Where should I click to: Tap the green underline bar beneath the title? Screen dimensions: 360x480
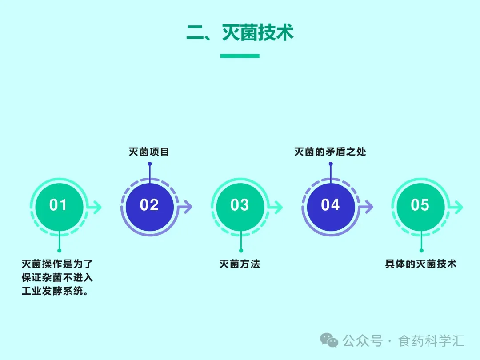[x=240, y=56]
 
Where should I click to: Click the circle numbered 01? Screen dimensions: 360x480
[x=58, y=205]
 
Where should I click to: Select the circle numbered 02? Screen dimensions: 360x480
[x=149, y=205]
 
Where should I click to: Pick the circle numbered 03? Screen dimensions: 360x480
[x=240, y=205]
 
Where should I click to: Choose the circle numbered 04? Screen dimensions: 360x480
[x=330, y=205]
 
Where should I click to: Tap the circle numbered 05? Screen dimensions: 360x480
[x=420, y=205]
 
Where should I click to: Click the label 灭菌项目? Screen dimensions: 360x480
[x=149, y=152]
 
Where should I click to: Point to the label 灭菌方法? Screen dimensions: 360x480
[x=240, y=264]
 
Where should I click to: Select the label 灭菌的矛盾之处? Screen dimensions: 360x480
[x=330, y=152]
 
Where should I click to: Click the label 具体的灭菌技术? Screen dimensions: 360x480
[x=420, y=264]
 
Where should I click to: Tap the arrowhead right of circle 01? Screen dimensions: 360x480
[x=97, y=207]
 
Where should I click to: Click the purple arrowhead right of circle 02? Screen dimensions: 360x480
[x=188, y=207]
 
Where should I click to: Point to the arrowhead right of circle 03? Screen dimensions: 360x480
[x=278, y=207]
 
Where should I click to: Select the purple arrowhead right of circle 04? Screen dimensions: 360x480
[x=368, y=207]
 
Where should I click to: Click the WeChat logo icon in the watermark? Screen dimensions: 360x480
[x=329, y=340]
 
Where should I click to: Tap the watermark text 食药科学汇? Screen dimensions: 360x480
[x=432, y=341]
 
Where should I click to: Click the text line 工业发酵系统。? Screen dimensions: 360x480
[x=54, y=292]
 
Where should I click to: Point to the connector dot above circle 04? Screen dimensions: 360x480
[x=330, y=164]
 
